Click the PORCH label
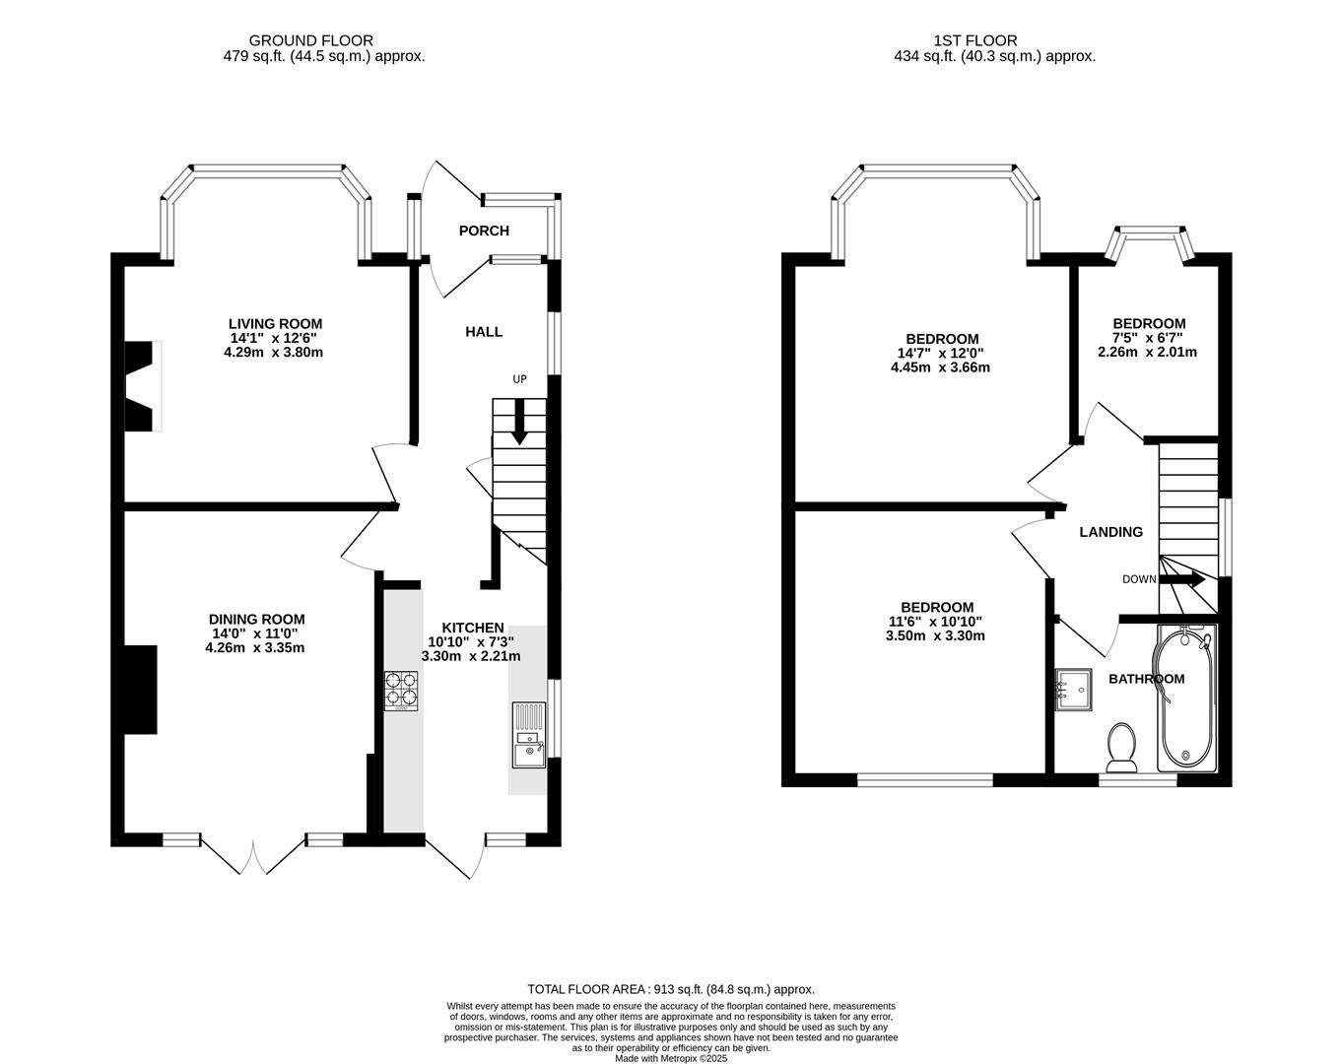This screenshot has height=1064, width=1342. coord(484,231)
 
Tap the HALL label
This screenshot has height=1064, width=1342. coord(484,332)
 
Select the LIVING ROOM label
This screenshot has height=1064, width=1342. coord(275,323)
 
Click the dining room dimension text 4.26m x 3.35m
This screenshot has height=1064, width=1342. coord(254,648)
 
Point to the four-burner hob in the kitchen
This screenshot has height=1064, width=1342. coord(401,691)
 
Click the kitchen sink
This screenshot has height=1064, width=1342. coord(528,735)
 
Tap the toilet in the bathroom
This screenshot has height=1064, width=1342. coord(1121,750)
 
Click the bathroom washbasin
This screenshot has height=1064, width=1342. coord(1073,689)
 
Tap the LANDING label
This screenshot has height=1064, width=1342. coord(1110,532)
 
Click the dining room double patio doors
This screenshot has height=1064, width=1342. coord(254,853)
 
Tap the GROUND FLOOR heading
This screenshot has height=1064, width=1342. coord(310,40)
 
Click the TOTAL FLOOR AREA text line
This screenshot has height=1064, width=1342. coord(671,989)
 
